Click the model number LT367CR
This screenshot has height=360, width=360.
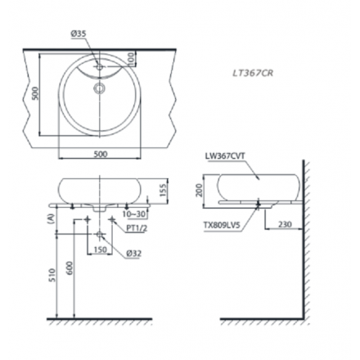252,72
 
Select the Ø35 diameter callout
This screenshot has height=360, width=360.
78,34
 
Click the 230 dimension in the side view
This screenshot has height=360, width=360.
283,223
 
